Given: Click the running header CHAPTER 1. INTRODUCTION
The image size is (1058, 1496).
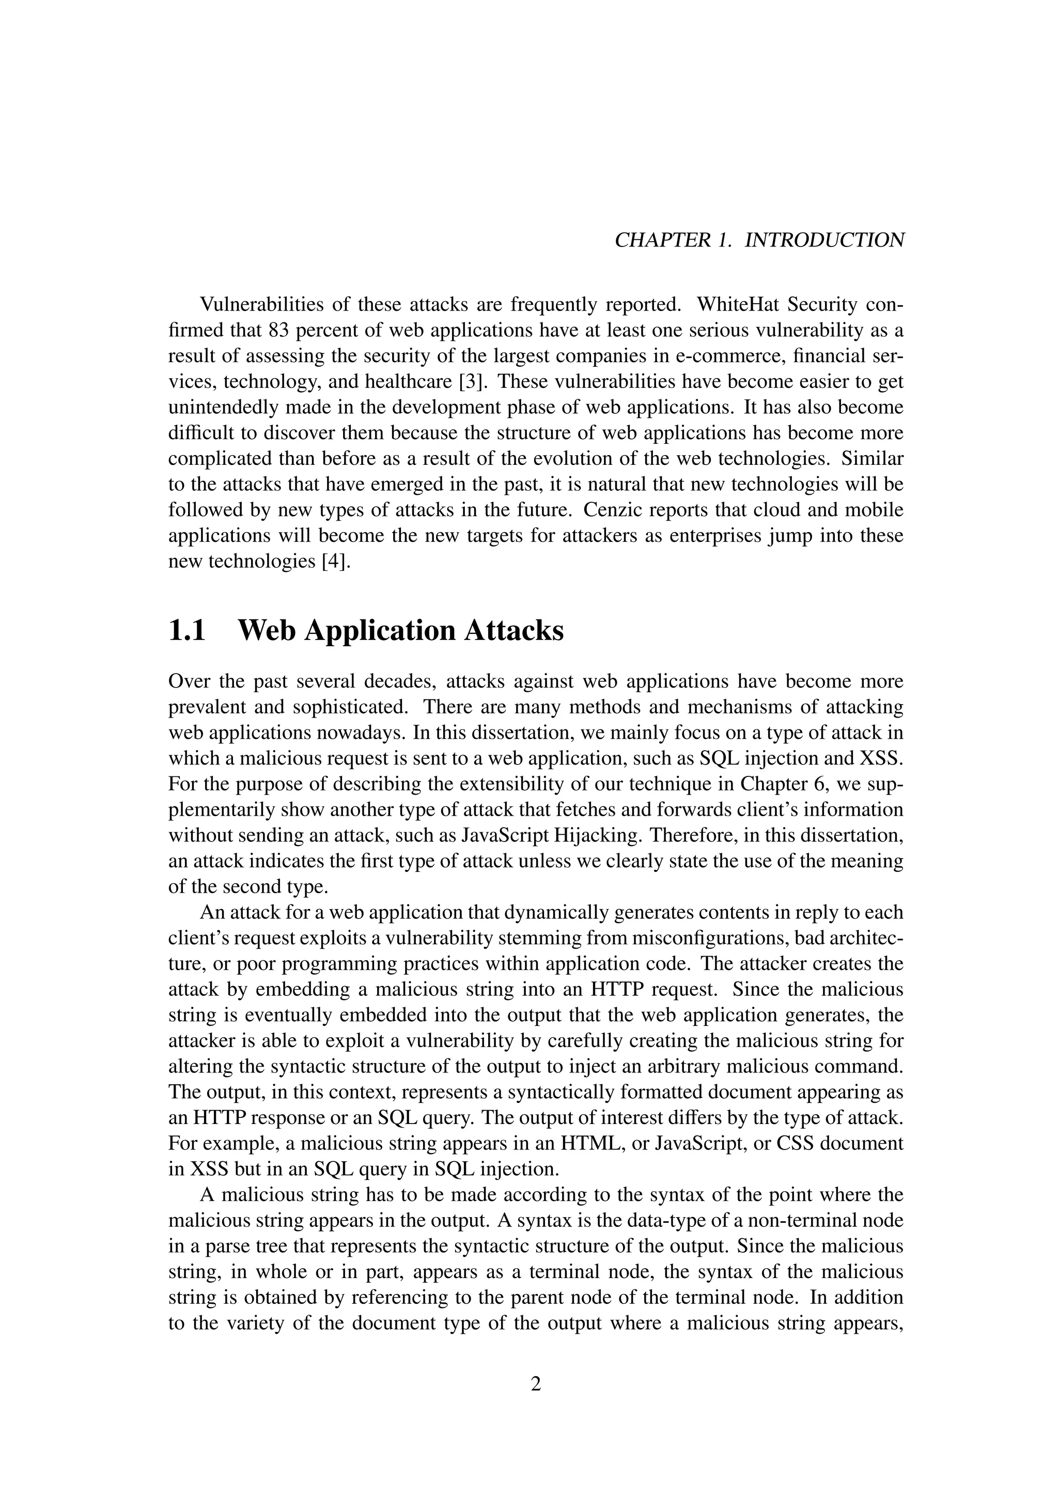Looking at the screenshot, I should [x=759, y=240].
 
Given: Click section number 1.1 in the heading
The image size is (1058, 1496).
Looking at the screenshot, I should [x=187, y=631].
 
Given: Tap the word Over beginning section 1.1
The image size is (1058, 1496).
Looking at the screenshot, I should [x=188, y=681].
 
